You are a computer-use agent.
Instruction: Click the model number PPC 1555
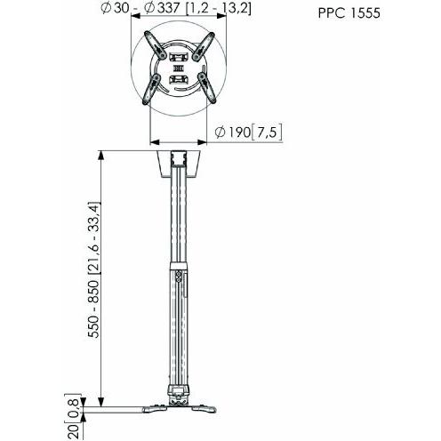coord(350,13)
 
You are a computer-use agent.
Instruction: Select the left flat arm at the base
coord(124,412)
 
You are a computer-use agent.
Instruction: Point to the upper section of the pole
coord(178,222)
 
